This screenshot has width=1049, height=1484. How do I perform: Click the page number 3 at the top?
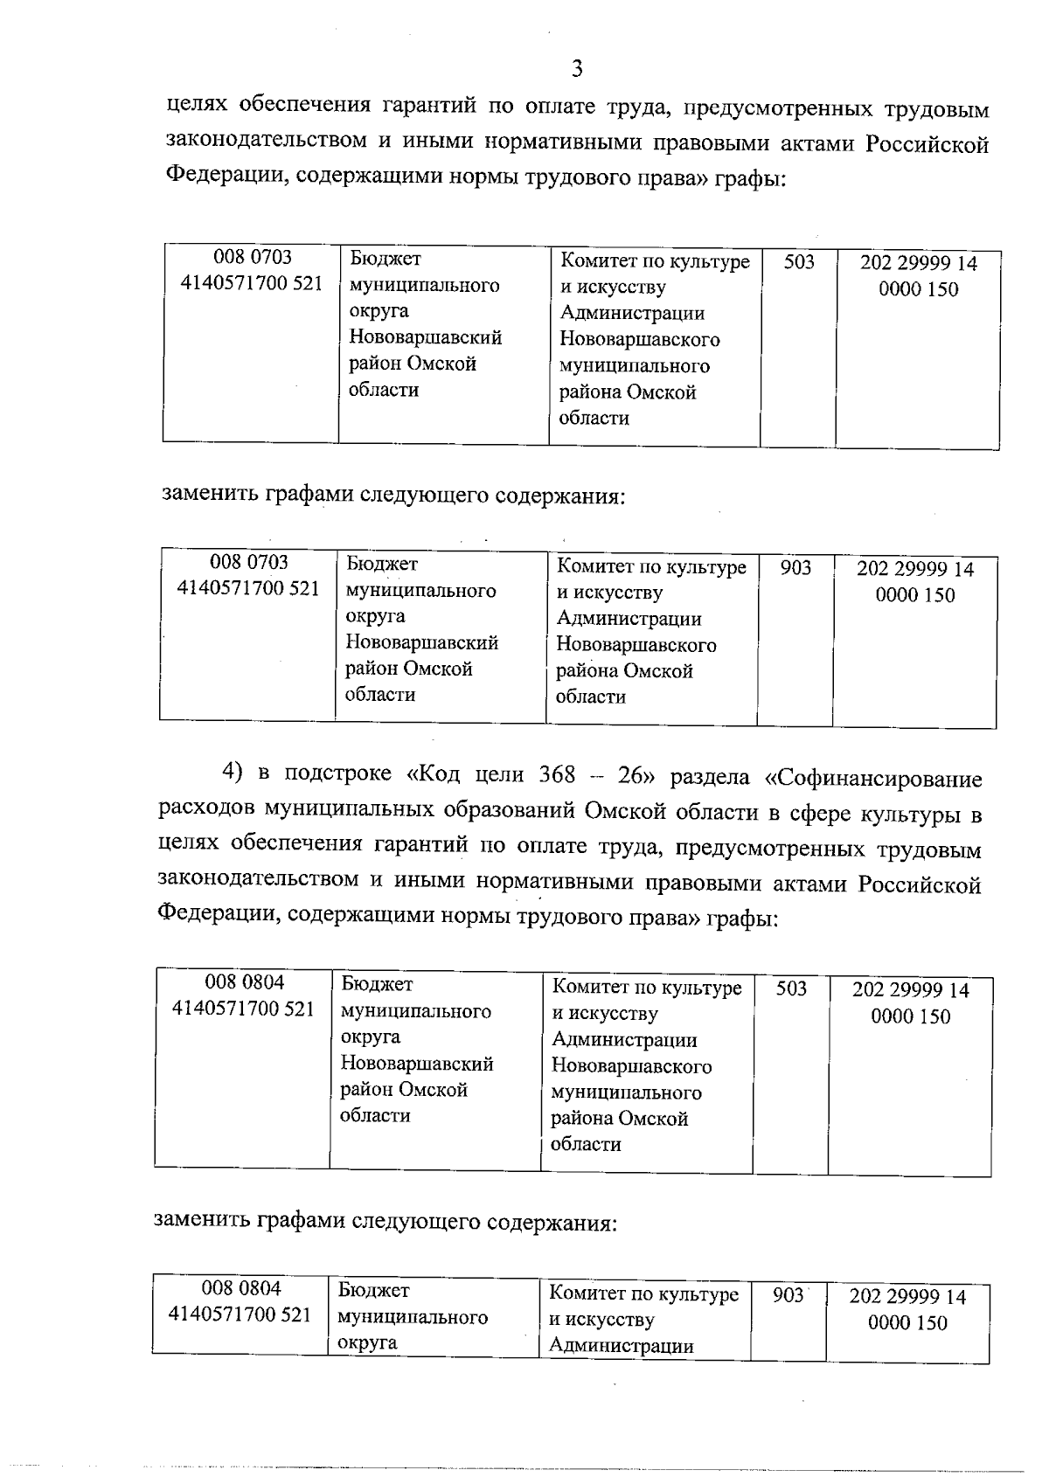(x=576, y=67)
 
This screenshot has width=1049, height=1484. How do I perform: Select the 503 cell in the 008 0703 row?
(x=799, y=261)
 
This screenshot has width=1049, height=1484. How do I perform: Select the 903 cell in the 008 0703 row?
(x=795, y=567)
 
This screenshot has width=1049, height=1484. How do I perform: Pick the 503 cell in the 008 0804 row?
(x=791, y=988)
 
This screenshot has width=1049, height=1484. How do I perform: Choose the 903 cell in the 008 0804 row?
(x=788, y=1294)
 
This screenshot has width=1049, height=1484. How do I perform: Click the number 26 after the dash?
(x=630, y=775)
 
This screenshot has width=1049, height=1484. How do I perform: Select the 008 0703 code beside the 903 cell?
(x=249, y=561)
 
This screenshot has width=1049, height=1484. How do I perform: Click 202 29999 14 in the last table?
(x=907, y=1296)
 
